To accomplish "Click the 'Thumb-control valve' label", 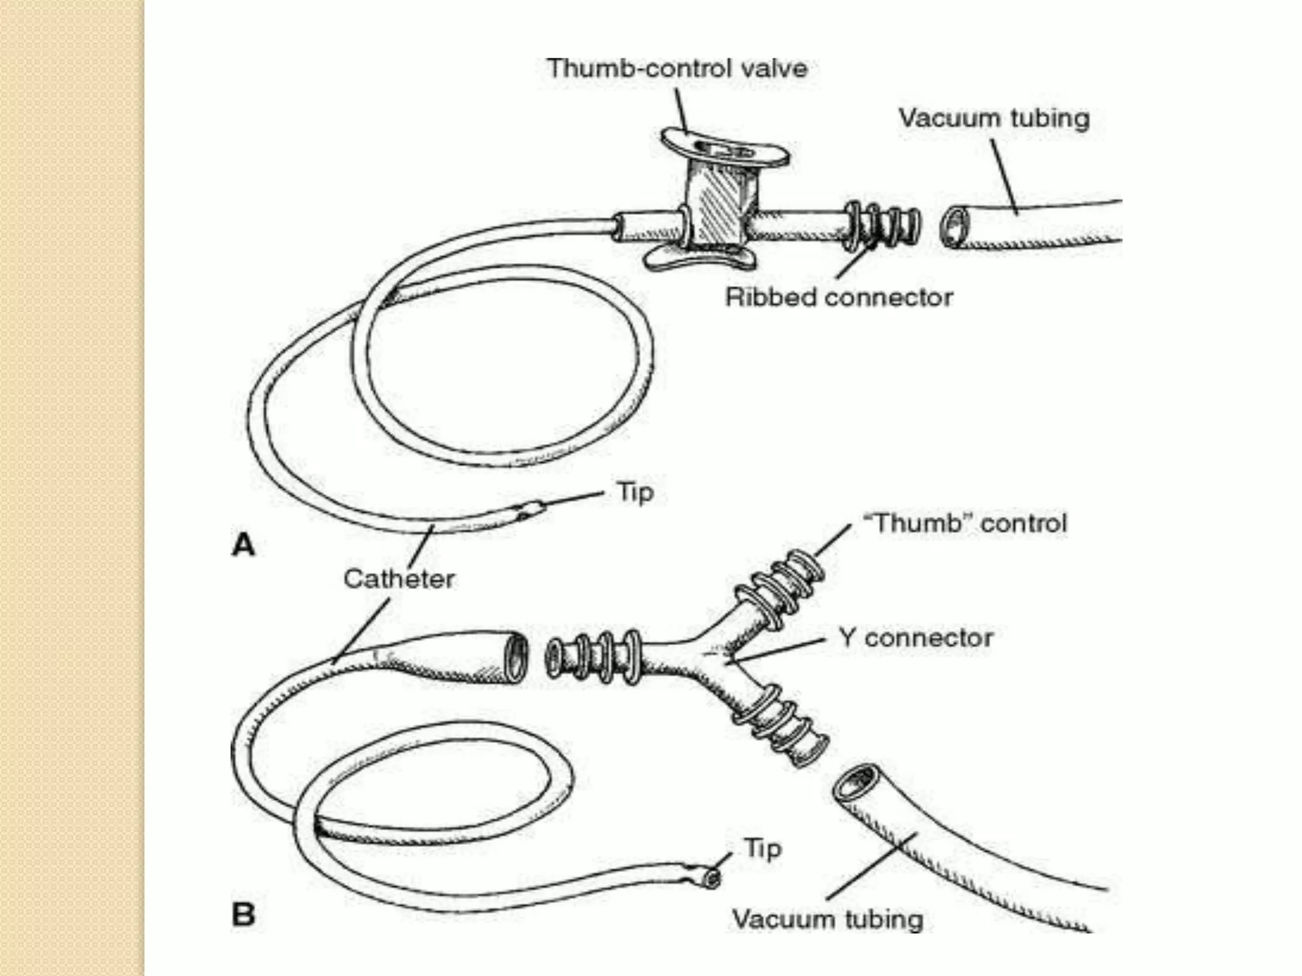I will (677, 69).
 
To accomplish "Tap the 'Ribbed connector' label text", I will (839, 297).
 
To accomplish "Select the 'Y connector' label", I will (915, 637).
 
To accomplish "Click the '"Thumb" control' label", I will (964, 524).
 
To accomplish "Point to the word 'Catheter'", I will (399, 579).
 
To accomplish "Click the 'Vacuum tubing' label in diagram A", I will (994, 118).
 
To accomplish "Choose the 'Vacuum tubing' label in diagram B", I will (828, 919).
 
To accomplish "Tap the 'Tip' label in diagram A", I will (635, 492).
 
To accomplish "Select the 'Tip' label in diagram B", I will (762, 849).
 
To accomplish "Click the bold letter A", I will (243, 545).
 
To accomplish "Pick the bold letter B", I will (243, 915).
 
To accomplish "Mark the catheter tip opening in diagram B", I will (712, 879).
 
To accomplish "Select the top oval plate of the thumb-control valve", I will (725, 147).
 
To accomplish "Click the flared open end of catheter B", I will (516, 657).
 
